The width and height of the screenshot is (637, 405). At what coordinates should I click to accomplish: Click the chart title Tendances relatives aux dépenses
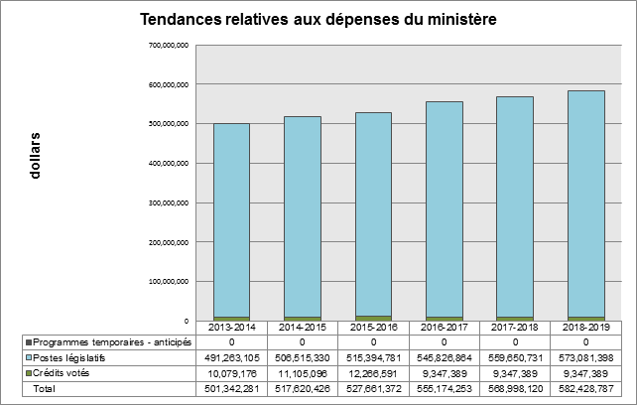(x=318, y=19)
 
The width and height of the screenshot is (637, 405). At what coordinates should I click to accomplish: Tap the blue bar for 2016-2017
(x=444, y=208)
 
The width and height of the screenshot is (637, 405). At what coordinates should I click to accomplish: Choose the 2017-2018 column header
(x=514, y=327)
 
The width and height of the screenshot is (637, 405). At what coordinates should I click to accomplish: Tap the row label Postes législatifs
(x=71, y=357)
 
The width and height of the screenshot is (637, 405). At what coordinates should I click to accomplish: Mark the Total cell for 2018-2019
(x=584, y=389)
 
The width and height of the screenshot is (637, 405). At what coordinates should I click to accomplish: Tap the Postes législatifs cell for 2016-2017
(x=444, y=357)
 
